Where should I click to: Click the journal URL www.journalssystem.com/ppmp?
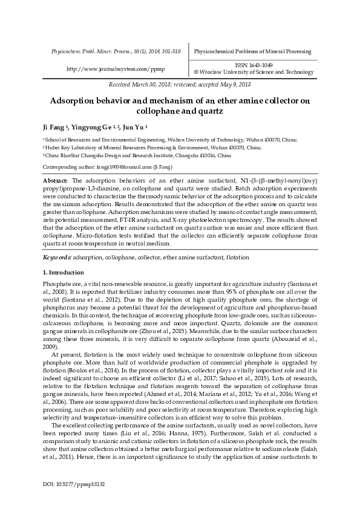tap(114, 69)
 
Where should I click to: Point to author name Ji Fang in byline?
tap(55, 128)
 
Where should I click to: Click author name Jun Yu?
tap(133, 128)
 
